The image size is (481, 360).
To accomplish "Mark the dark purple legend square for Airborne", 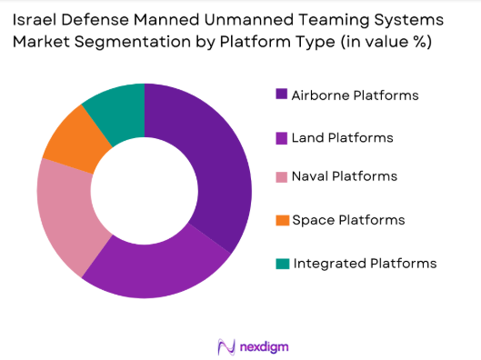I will point(281,94).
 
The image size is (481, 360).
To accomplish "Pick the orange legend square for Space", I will point(281,221).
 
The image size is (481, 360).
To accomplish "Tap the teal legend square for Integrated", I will point(281,264).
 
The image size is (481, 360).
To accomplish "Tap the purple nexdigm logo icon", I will point(226,345).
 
